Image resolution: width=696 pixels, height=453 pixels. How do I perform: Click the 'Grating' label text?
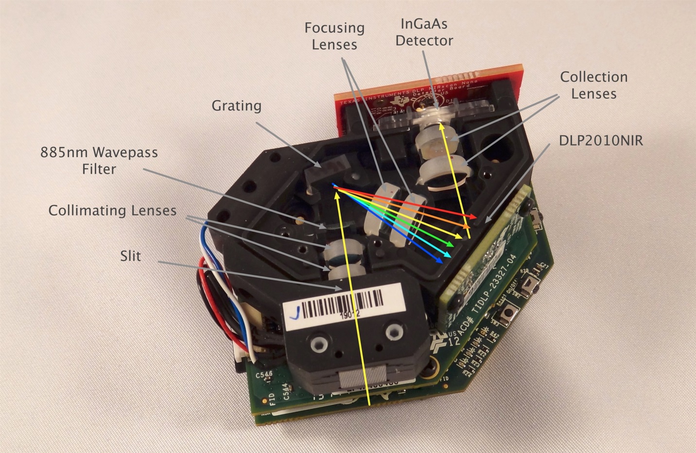pyautogui.click(x=236, y=106)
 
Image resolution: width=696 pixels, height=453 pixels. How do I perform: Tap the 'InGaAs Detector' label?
pyautogui.click(x=424, y=32)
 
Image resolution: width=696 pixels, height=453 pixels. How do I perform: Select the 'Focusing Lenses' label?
pyautogui.click(x=334, y=36)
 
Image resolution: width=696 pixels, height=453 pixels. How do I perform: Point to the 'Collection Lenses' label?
pyautogui.click(x=593, y=85)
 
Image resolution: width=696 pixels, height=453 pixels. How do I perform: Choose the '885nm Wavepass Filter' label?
pyautogui.click(x=99, y=161)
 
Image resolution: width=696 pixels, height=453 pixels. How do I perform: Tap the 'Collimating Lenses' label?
pyautogui.click(x=112, y=211)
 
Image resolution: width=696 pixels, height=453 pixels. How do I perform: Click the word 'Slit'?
pyautogui.click(x=131, y=255)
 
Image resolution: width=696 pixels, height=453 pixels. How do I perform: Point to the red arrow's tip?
pyautogui.click(x=476, y=217)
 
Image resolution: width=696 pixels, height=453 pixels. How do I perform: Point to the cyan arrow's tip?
pyautogui.click(x=452, y=255)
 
